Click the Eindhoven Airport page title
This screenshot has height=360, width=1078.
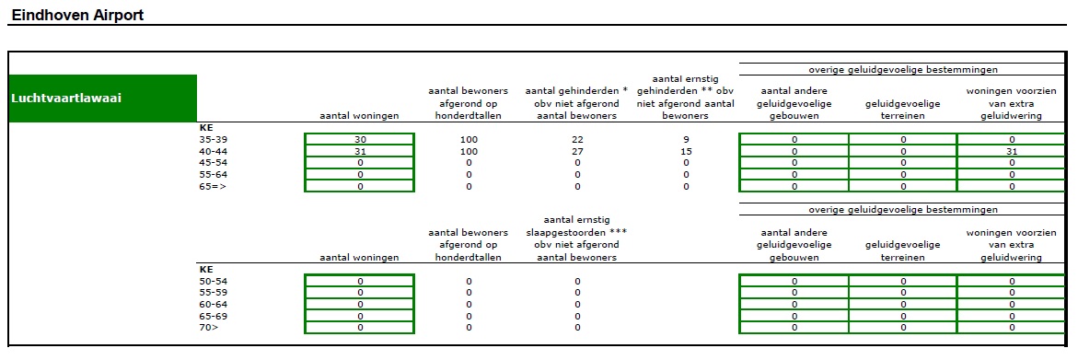[x=77, y=15]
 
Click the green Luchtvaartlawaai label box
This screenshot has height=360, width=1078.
[x=102, y=98]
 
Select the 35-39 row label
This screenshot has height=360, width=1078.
[x=213, y=139]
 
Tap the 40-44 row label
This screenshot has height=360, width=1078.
[x=213, y=151]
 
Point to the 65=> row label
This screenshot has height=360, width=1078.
[x=213, y=186]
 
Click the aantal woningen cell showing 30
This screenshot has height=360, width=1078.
[x=360, y=139]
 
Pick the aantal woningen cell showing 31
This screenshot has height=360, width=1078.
[x=360, y=151]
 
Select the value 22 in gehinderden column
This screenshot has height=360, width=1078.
[x=577, y=139]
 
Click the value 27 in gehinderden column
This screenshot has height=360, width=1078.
[x=577, y=151]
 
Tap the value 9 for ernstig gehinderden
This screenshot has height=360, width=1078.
[x=686, y=139]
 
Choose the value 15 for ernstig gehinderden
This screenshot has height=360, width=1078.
[x=686, y=151]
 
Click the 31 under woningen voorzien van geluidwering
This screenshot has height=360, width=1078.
[x=1012, y=151]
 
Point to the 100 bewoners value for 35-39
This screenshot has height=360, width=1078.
[x=469, y=139]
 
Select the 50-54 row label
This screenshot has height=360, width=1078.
[x=213, y=281]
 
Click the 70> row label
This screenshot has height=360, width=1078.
[x=209, y=327]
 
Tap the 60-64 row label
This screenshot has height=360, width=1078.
[x=213, y=304]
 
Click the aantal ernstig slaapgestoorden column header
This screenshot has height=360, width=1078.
[x=577, y=238]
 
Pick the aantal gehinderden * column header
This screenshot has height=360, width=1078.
[x=577, y=103]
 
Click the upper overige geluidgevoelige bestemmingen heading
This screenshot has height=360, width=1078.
[x=903, y=69]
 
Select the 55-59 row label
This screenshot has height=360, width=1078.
[x=213, y=292]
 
